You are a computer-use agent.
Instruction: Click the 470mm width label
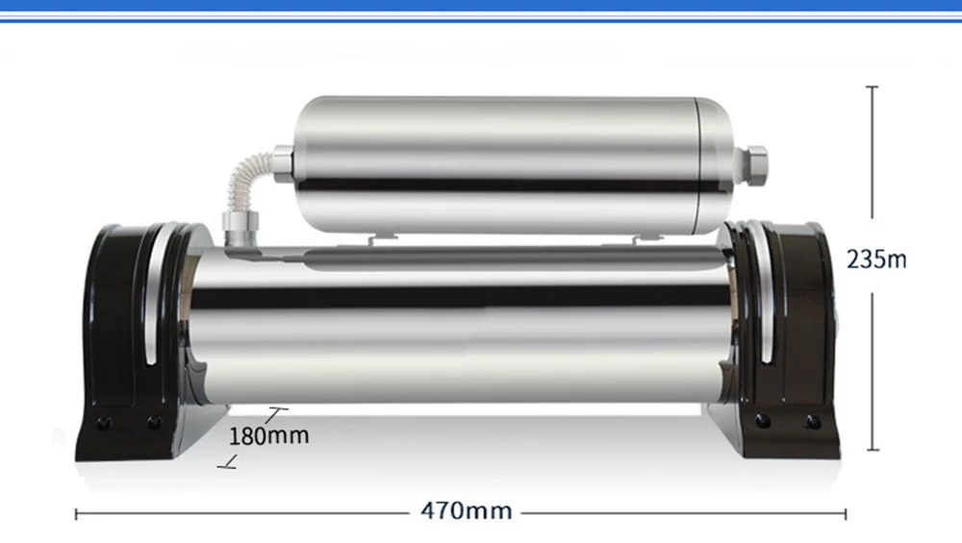pyautogui.click(x=467, y=510)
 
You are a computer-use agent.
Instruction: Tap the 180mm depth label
pyautogui.click(x=268, y=435)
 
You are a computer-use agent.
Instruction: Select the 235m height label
pyautogui.click(x=876, y=259)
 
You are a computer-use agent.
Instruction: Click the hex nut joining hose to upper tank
pyautogui.click(x=283, y=163)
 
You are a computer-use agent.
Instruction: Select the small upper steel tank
pyautogui.click(x=513, y=165)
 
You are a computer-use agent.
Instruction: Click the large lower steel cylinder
pyautogui.click(x=460, y=325)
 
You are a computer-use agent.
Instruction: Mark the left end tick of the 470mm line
pyautogui.click(x=76, y=514)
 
